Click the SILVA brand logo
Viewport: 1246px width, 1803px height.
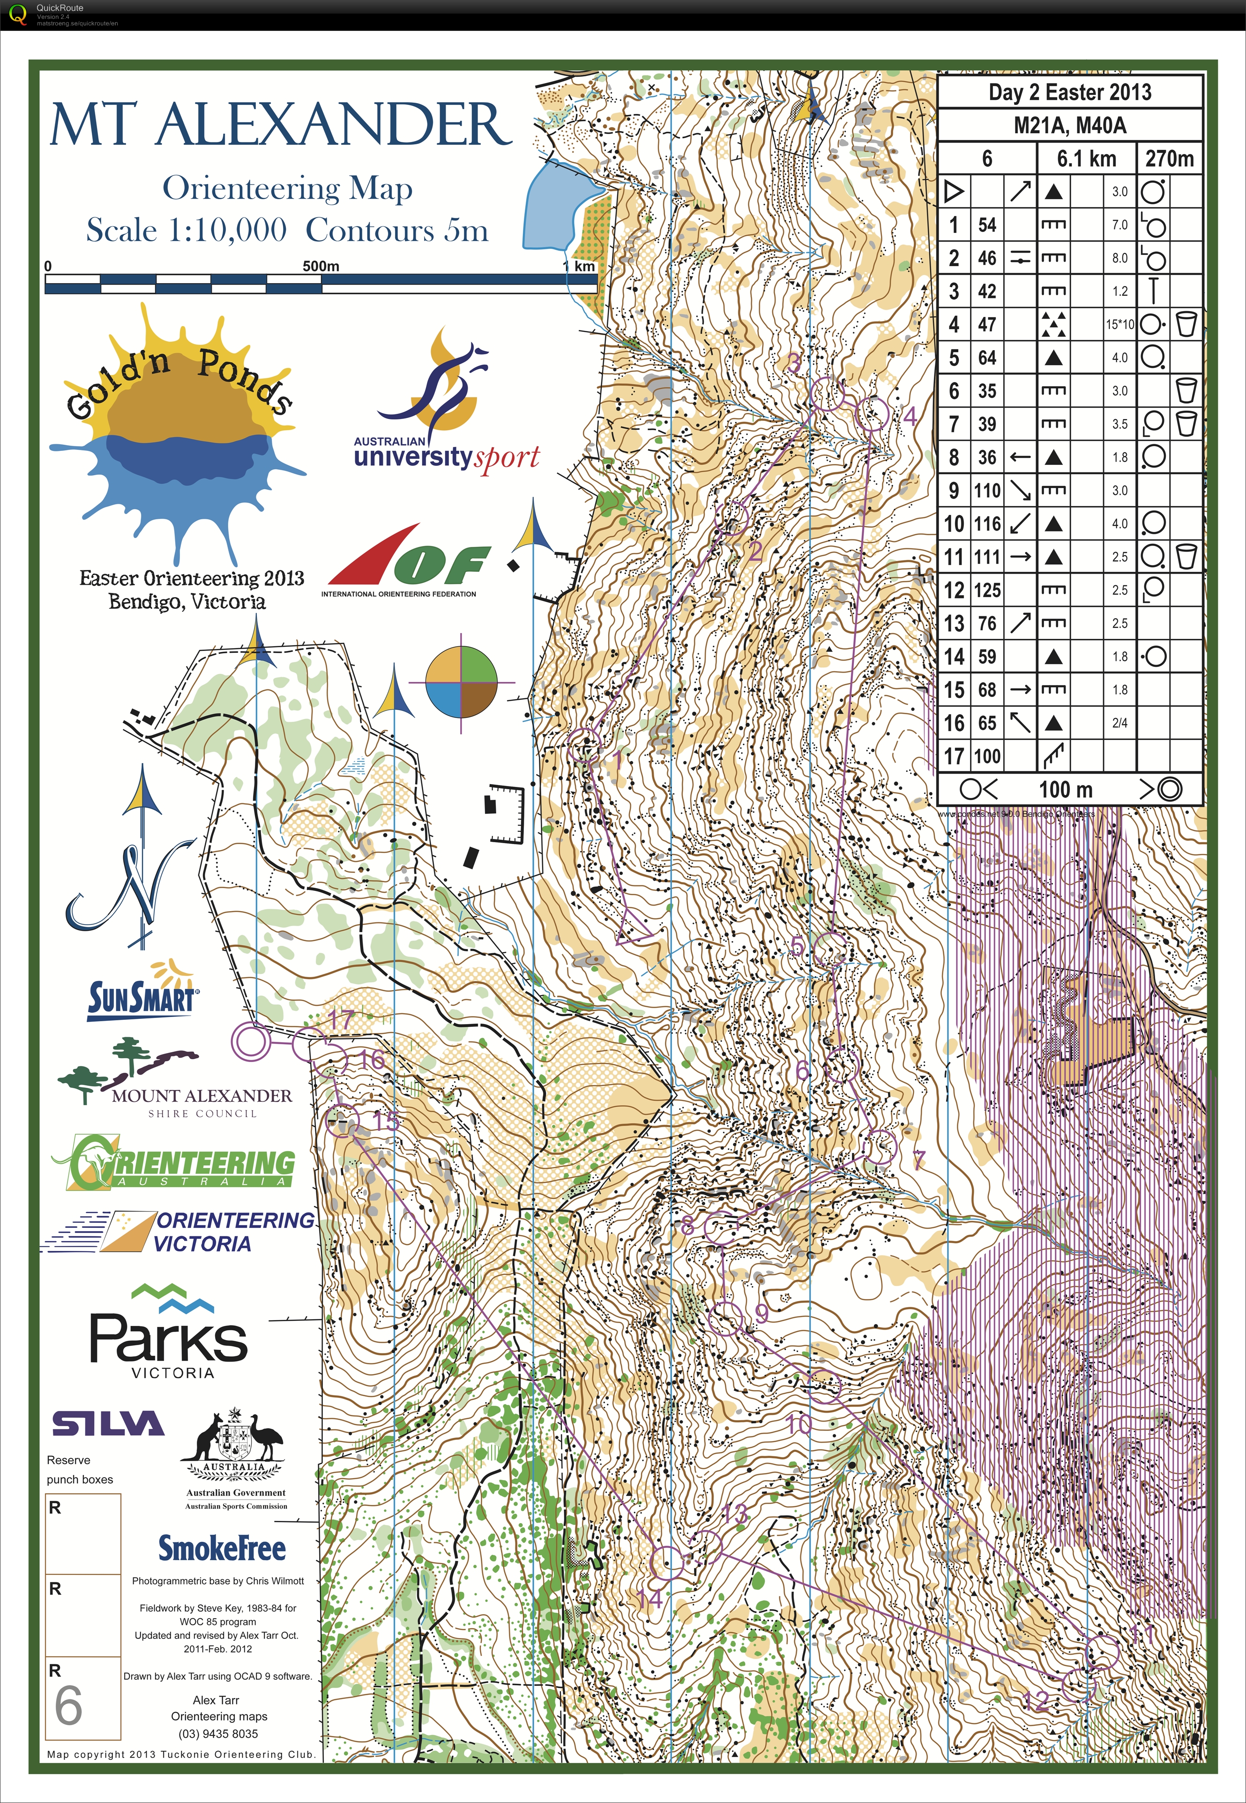click(x=108, y=1423)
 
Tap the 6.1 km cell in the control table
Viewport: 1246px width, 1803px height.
click(x=1086, y=158)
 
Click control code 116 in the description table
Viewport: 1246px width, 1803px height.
click(x=987, y=523)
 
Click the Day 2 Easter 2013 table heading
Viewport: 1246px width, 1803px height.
click(x=1069, y=92)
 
